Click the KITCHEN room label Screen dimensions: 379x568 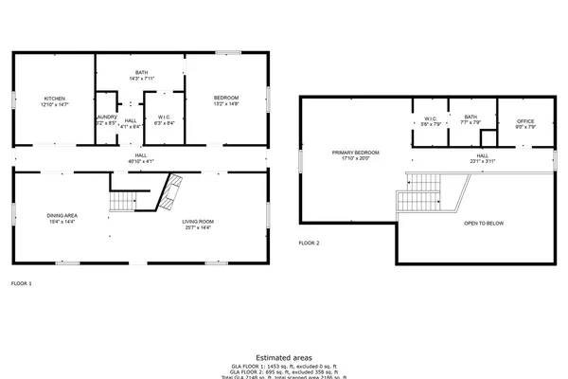(54, 99)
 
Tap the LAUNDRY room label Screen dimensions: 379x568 (105, 117)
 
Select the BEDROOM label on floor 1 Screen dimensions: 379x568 (226, 99)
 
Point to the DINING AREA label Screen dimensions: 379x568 (62, 216)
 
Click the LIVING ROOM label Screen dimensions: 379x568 (197, 222)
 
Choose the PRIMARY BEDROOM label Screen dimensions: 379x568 (355, 153)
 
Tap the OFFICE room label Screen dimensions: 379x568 (525, 121)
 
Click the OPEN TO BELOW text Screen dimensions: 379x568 (484, 224)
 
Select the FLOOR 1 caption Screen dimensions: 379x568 (22, 283)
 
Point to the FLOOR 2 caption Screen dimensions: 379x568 (310, 244)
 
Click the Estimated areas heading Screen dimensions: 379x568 (284, 358)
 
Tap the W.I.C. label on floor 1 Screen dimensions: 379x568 (163, 117)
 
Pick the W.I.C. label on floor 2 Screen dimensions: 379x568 (429, 117)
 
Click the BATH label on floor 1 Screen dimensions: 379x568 (141, 72)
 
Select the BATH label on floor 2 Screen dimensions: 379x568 (470, 117)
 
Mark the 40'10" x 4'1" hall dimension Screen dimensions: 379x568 (140, 161)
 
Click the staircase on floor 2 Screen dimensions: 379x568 (419, 192)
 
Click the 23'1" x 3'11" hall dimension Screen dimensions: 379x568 (482, 161)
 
